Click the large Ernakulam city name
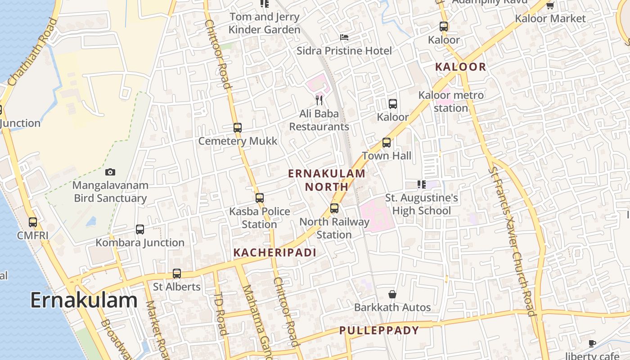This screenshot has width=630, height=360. tap(84, 300)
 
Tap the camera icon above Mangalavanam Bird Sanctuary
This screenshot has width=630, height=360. tap(110, 172)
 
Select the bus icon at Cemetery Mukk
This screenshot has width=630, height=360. tap(238, 128)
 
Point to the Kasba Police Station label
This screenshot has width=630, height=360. tap(260, 217)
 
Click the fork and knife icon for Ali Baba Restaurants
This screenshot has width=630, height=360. tap(319, 100)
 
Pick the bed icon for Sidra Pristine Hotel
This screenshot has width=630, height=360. tap(344, 37)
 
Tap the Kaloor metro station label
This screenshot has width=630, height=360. tap(451, 102)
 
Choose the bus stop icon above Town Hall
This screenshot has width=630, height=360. tap(387, 143)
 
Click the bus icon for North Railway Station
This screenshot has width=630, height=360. tap(334, 208)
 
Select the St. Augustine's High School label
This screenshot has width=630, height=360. tap(422, 204)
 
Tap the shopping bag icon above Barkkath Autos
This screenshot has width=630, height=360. tap(392, 294)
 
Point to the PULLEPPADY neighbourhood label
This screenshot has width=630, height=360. tap(379, 330)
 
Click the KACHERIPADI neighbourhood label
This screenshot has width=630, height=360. tap(275, 252)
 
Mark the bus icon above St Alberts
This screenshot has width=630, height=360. tap(177, 274)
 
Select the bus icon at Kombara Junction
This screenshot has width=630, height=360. tap(140, 229)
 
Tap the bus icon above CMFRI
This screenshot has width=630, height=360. tap(33, 222)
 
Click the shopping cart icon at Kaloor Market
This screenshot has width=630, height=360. tap(550, 5)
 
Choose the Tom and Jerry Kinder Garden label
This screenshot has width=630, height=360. tap(264, 23)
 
